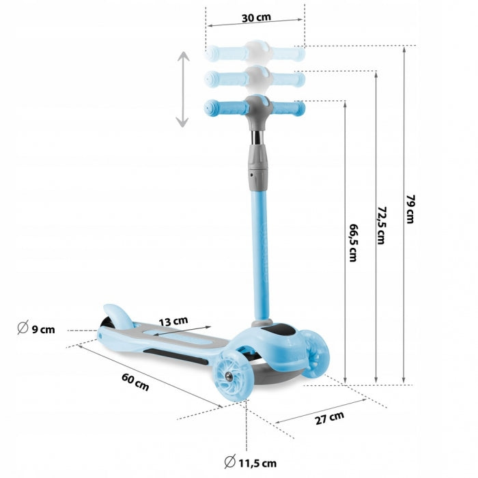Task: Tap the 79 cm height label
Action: [410, 209]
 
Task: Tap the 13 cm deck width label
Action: [174, 320]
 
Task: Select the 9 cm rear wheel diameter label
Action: [37, 329]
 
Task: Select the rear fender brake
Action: [117, 315]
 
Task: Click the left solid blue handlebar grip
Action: [220, 108]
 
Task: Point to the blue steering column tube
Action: [260, 253]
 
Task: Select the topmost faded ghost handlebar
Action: [255, 52]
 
